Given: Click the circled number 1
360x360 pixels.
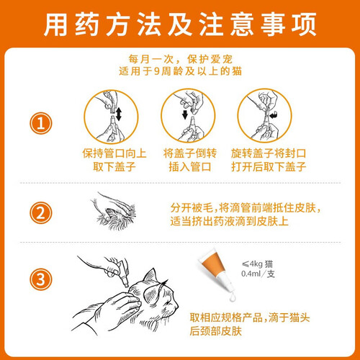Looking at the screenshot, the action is point(40,123).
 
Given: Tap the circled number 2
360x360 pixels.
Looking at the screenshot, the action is point(40,212).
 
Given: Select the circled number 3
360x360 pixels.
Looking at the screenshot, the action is point(40,279).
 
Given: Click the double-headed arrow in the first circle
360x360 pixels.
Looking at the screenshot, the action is point(119,114).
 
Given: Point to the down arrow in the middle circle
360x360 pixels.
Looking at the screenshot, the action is point(185,114).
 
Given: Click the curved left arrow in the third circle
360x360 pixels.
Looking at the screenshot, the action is point(274,115).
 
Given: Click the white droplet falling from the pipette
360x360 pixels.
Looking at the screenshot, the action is point(232,297).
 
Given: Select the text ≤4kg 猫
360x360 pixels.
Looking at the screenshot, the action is point(257,264).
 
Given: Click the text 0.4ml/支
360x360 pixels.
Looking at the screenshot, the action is point(258,274).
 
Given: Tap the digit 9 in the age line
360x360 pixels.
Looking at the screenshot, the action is point(156,71).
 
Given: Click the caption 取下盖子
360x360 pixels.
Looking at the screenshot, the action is point(114,166).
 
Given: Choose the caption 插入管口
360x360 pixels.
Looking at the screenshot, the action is point(190,166).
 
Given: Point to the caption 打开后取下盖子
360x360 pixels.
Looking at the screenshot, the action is point(269,166).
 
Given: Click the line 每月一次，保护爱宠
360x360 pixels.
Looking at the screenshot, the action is point(180,59).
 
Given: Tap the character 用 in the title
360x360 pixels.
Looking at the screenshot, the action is point(55,24).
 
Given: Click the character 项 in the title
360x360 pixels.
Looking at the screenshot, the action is point(304,24).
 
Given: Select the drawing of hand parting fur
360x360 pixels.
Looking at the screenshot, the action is point(113,211).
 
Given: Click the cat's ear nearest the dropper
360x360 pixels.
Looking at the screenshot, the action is point(150,276).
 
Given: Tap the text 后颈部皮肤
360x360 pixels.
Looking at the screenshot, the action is point(215,331).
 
